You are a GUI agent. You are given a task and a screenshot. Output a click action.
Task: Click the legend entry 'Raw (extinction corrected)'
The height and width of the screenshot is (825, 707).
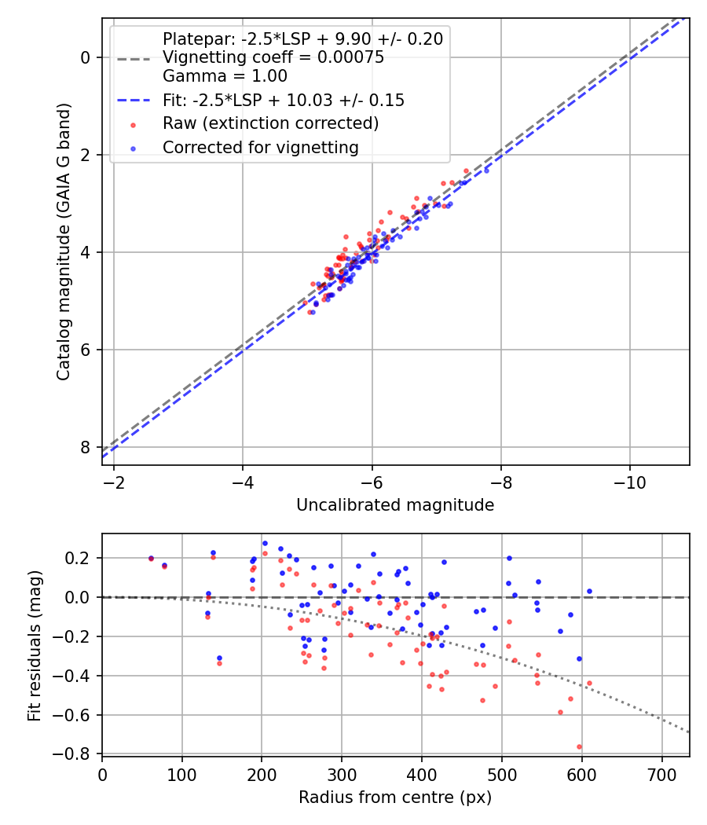coord(270,124)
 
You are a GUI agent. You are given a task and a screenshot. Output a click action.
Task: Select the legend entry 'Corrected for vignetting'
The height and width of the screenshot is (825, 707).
coord(260,148)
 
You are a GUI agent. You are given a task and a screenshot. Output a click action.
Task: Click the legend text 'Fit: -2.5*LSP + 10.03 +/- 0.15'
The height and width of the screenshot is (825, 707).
coord(283,101)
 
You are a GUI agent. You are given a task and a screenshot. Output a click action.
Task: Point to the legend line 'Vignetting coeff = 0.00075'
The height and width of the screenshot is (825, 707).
coord(273,57)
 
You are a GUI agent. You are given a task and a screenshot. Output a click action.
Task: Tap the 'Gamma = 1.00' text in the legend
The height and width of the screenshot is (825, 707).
coord(225,76)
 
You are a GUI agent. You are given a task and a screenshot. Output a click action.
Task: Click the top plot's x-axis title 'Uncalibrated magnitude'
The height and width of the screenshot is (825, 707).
coord(395,505)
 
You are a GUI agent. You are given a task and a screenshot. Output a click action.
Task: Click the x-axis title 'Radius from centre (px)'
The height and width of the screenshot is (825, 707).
coord(395,797)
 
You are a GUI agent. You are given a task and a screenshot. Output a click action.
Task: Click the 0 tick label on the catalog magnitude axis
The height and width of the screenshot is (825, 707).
coord(87,57)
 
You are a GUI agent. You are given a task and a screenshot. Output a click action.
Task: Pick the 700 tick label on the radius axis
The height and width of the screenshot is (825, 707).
coord(661,773)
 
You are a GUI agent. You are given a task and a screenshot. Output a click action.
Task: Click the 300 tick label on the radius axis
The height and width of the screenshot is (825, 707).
coord(342,773)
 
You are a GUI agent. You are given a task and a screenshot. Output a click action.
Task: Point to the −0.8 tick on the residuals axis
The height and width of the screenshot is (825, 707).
coord(77,754)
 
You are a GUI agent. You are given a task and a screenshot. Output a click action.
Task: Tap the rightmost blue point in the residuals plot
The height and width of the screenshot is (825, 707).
coord(589,591)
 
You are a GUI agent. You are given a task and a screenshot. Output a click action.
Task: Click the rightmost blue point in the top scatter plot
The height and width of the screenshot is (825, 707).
coord(486,170)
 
